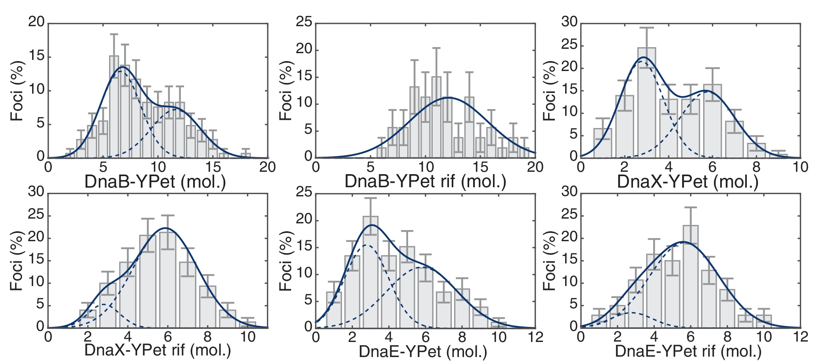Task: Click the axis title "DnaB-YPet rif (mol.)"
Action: pos(425,182)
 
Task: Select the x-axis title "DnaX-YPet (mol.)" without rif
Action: pos(688,182)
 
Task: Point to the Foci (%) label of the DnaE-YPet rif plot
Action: pos(550,261)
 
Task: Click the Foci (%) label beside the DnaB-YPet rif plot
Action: pos(286,91)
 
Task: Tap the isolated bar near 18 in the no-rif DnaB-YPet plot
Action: pos(246,155)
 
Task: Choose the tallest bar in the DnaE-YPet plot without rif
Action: pos(370,272)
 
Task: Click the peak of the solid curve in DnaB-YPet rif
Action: pos(447,97)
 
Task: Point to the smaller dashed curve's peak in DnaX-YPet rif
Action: pos(104,304)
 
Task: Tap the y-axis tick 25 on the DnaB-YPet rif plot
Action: pos(304,22)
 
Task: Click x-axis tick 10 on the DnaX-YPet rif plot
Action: pos(248,337)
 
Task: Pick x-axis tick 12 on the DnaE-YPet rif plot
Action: pos(801,337)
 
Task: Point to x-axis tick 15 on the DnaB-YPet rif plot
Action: pos(480,167)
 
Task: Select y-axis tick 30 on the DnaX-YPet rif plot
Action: pos(36,192)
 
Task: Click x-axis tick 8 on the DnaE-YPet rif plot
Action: pos(727,337)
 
